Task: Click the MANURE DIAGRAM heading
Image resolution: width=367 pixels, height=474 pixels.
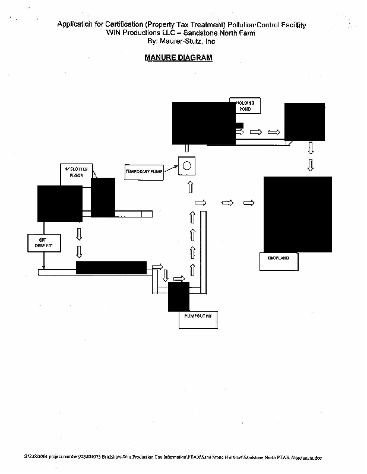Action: tap(178, 58)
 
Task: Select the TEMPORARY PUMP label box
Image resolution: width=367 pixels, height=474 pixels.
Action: tap(143, 171)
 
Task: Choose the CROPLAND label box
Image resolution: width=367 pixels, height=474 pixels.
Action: tap(279, 260)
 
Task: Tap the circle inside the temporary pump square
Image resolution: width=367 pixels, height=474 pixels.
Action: tap(187, 165)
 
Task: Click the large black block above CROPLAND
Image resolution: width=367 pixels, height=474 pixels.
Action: tap(298, 214)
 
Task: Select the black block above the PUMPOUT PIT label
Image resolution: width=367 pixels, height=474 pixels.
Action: tap(178, 297)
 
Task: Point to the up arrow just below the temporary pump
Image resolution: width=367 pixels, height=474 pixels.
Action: tap(191, 187)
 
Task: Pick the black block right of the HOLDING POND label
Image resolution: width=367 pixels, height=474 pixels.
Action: tap(305, 121)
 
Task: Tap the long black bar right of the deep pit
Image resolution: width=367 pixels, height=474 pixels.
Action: tap(111, 268)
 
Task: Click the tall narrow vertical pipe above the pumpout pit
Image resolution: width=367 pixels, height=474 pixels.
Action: tap(203, 252)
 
